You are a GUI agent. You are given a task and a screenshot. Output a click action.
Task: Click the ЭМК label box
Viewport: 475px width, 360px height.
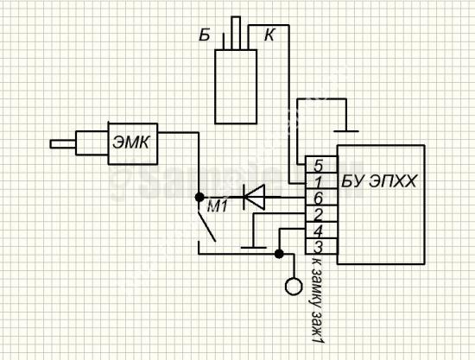click(133, 144)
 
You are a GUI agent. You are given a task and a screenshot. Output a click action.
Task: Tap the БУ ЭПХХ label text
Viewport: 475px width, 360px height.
click(379, 181)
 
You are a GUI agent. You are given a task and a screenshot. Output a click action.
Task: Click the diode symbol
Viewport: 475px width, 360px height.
click(254, 198)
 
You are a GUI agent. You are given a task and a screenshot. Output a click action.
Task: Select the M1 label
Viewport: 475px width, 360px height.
click(217, 207)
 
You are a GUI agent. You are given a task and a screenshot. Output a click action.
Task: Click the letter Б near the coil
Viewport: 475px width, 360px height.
click(205, 35)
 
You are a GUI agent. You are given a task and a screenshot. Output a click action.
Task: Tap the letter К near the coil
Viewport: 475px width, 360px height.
click(269, 35)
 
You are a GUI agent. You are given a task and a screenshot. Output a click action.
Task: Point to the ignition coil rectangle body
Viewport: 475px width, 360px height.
click(236, 86)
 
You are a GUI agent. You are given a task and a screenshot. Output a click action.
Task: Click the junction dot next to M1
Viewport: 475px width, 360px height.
click(199, 198)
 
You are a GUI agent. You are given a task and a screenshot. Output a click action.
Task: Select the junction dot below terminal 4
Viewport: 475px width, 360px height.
click(279, 254)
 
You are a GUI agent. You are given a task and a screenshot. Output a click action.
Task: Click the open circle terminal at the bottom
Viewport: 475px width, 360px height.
click(294, 286)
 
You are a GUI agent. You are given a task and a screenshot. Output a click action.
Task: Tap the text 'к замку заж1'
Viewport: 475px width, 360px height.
click(317, 302)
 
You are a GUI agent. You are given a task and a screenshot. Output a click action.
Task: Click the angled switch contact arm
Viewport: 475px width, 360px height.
click(207, 227)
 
